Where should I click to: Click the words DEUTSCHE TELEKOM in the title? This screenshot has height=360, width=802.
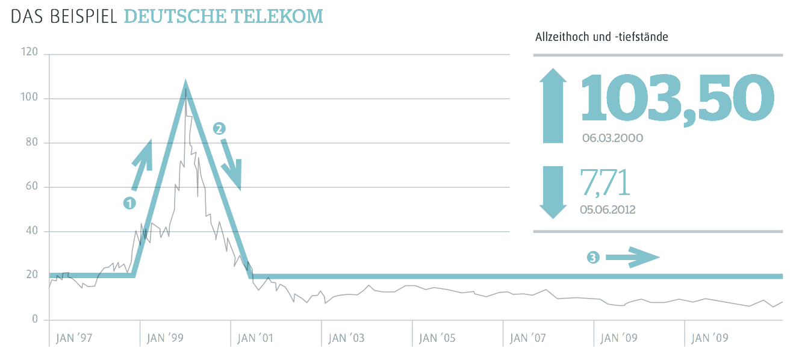point(223,16)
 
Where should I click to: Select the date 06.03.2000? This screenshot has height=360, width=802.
point(612,138)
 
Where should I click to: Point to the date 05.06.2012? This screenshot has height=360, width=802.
point(608,209)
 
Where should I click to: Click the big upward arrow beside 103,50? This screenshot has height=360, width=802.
point(553,106)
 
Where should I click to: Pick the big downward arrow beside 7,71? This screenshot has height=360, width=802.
point(553,191)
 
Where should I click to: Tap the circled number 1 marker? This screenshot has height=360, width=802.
point(129,203)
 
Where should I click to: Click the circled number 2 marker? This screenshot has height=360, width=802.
point(219,128)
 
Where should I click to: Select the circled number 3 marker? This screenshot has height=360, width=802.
point(593,258)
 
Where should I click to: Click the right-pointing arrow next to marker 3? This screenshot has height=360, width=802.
point(632,257)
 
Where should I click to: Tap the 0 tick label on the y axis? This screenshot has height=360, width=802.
point(35,320)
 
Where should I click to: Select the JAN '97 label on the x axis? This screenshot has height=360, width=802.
point(73,338)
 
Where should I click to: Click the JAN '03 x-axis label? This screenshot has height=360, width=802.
point(346,338)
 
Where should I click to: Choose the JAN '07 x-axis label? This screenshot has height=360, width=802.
point(528,338)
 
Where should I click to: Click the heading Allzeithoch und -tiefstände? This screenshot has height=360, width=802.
point(601,37)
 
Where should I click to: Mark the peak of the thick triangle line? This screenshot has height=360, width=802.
point(185,84)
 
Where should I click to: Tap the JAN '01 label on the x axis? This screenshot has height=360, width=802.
point(255,338)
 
